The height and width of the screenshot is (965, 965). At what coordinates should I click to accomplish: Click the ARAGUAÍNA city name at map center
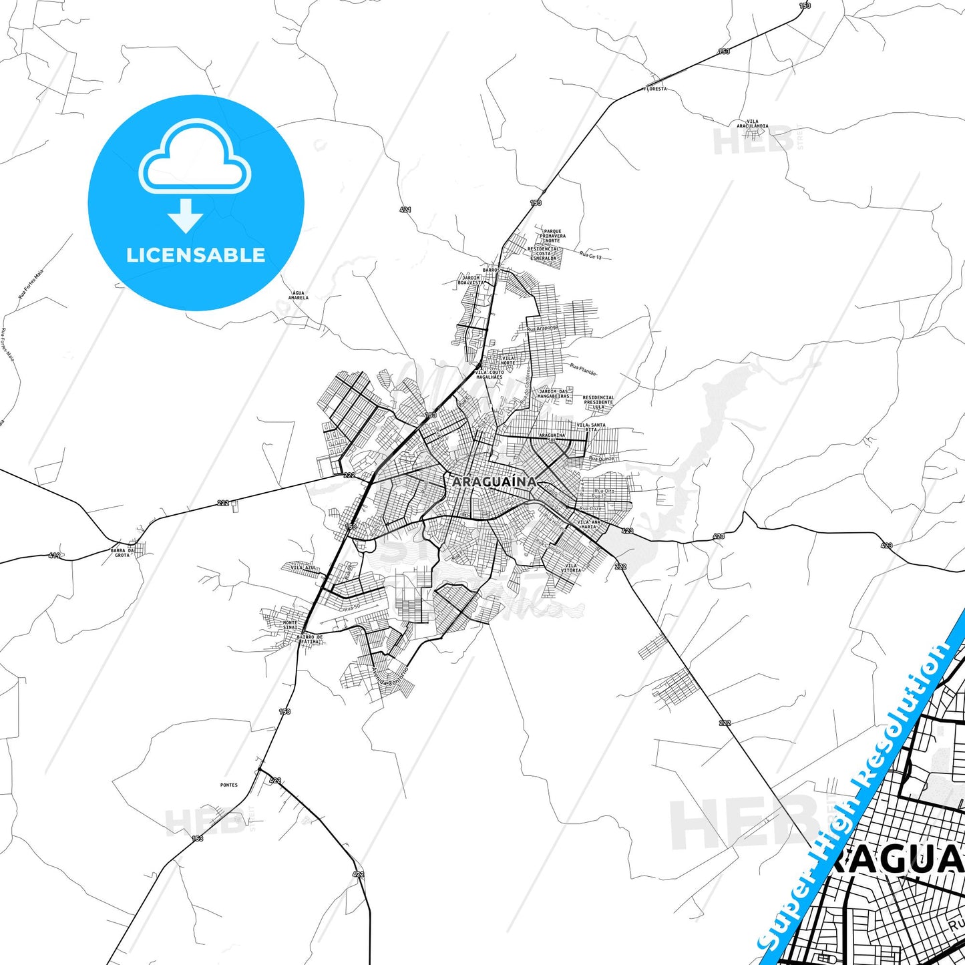pos(494,481)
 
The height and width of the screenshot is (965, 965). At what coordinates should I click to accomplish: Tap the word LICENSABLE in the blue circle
pos(196,255)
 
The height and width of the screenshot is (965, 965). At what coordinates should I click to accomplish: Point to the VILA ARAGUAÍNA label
pos(753,124)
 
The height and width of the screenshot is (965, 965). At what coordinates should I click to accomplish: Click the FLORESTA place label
pos(655,89)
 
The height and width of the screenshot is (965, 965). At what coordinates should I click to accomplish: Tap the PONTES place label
pos(228,785)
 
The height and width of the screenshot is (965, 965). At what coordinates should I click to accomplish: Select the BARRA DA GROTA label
pos(122,553)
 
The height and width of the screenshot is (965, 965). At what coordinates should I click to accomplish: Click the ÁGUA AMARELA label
pos(299,295)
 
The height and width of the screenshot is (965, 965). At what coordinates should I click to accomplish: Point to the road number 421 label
pos(405,210)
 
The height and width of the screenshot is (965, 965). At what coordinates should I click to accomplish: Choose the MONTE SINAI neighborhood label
pos(291,625)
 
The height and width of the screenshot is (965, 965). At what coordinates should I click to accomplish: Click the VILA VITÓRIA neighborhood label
pos(571,568)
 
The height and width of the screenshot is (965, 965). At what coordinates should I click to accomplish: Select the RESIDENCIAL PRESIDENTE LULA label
pos(598,402)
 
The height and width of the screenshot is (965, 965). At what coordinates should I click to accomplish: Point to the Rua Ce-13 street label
pos(590,256)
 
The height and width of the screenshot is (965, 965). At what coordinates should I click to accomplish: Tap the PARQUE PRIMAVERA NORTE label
pos(553,236)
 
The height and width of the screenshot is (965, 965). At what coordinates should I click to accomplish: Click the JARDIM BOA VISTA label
pos(471,280)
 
